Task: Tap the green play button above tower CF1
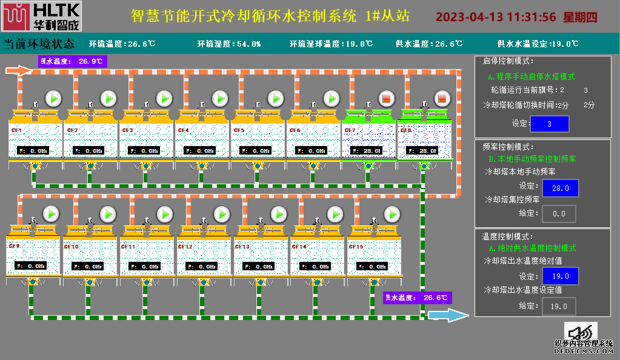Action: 53,98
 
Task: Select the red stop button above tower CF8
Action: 442,98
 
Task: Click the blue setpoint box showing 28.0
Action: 560,188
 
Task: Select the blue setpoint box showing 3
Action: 549,124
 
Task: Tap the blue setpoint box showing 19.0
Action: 560,276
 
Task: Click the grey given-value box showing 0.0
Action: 559,213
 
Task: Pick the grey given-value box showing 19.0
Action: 559,307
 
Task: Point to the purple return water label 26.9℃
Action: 73,61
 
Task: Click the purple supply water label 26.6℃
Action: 418,298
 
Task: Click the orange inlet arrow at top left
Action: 18,71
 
